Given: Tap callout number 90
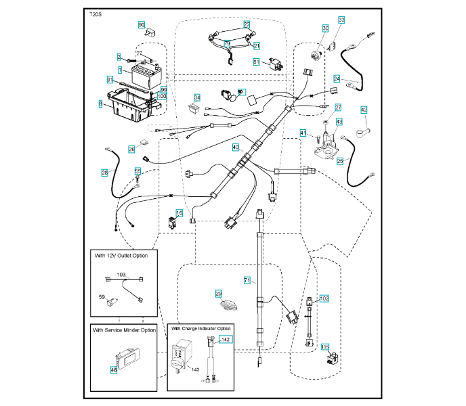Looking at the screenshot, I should tap(142, 25).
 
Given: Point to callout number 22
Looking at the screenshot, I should tap(247, 24).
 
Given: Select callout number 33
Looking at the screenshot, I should tap(341, 20).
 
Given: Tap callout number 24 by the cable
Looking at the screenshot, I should tap(337, 79).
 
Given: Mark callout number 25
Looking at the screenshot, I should tap(340, 161).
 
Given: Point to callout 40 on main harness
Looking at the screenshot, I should tap(236, 147).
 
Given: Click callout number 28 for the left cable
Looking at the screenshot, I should tap(105, 173).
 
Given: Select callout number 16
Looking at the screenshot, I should tap(179, 213).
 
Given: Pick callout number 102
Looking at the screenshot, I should tap(324, 298).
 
